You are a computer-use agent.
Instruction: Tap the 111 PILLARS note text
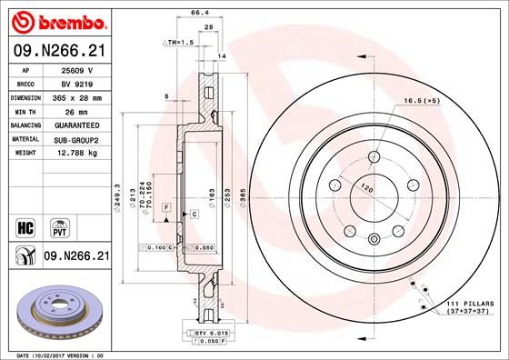(469, 301)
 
